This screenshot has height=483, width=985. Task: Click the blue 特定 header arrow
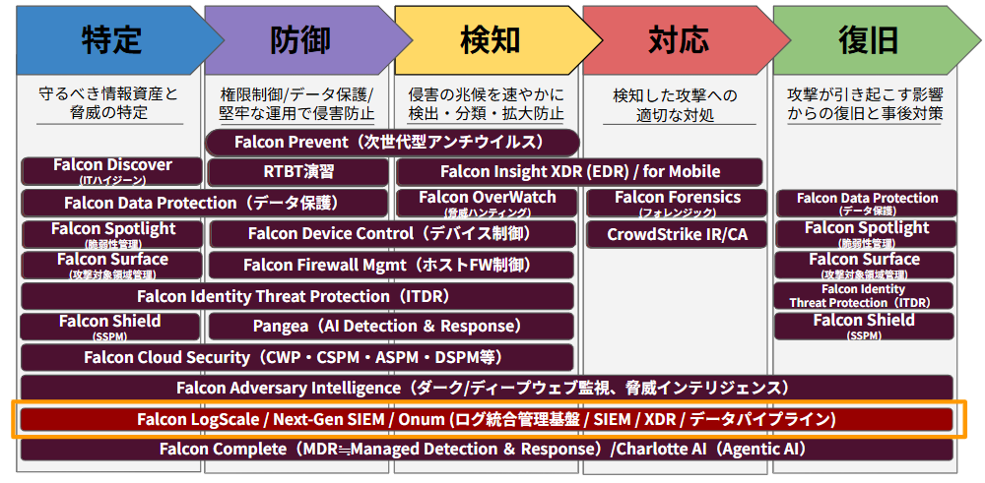(x=113, y=40)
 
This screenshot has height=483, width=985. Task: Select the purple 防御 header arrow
(x=301, y=40)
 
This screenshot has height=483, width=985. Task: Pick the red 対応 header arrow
(x=680, y=40)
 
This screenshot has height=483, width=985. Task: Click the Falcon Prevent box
(x=393, y=142)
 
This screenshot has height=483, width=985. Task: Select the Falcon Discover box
(x=112, y=171)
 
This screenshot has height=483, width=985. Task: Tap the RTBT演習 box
(x=297, y=171)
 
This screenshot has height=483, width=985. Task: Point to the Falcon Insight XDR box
(x=579, y=171)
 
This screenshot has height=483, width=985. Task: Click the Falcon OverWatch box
(x=487, y=203)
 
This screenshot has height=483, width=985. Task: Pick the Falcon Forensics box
(x=677, y=203)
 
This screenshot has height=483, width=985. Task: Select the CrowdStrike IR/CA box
(x=677, y=234)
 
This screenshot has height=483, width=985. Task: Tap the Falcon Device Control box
(x=393, y=234)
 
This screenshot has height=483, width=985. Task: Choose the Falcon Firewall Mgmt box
(x=391, y=265)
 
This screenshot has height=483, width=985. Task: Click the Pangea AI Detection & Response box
(x=391, y=327)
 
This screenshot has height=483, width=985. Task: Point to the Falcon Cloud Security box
(x=297, y=357)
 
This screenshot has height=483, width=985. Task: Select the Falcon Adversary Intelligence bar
(x=487, y=387)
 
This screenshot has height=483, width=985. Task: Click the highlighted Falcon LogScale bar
(x=487, y=418)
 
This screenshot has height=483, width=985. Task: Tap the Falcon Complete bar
(x=487, y=450)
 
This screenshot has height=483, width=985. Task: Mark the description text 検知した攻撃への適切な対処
(x=676, y=104)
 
